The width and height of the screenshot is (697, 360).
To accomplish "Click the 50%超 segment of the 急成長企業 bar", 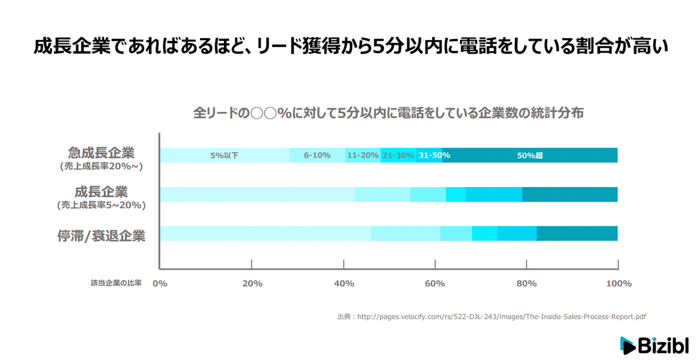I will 530,156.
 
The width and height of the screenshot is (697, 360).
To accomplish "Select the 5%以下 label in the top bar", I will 224,156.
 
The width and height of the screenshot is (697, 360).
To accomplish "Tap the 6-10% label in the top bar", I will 317,156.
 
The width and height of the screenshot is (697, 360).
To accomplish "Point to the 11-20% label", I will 362,156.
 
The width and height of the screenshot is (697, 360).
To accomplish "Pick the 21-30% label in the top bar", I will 398,156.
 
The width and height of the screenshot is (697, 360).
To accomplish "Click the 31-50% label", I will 434,156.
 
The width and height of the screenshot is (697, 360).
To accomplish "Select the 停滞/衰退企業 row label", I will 101,236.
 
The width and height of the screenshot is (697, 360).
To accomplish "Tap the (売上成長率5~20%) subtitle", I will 101,205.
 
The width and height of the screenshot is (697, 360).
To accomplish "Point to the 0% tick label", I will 160,283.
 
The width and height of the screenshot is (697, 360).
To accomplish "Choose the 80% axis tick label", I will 527,283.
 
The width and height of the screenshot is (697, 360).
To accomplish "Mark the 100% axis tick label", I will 618,283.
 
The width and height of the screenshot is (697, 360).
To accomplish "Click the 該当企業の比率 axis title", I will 116,283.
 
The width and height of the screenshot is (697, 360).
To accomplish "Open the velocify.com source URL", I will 501,317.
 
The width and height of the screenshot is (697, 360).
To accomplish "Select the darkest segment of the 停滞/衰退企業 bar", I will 577,234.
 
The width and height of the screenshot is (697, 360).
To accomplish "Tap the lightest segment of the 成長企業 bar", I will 257,195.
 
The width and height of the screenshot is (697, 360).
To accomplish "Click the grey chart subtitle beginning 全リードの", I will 388,113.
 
